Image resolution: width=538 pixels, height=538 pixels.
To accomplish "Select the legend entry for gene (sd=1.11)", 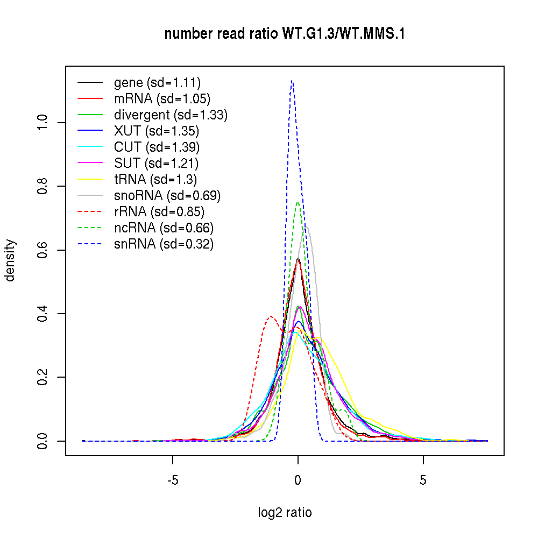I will point(157,83).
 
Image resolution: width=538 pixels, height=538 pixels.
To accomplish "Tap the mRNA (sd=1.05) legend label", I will point(162,99).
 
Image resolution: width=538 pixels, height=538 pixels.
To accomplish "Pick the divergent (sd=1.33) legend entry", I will point(171,115).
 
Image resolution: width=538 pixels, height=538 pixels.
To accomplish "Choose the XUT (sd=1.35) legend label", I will point(156,131).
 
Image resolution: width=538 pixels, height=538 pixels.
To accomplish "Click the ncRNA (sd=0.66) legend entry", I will point(164,228).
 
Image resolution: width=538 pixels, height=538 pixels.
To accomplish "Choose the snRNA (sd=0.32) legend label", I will point(164,244).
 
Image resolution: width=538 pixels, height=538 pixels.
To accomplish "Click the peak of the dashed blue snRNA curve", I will point(291,81).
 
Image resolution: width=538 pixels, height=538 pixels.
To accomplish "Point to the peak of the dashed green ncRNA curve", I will point(298,202).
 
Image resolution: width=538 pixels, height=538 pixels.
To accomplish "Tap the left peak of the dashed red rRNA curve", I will point(271,316).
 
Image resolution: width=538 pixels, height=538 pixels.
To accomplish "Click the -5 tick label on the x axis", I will point(172,480).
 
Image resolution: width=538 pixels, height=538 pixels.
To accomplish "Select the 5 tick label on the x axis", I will point(423,480).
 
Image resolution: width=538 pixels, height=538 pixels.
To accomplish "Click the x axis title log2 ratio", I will point(285,513).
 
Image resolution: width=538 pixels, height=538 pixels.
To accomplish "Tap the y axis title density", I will point(11,260).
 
